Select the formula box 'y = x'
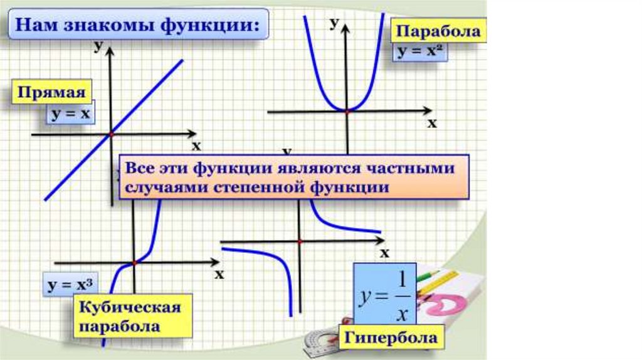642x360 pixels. point(69,115)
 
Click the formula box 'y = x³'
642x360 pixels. point(70,286)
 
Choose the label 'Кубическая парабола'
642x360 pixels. point(129,317)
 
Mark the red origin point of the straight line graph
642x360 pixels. point(111,134)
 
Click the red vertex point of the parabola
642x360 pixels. point(347,111)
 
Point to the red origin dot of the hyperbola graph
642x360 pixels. point(300,241)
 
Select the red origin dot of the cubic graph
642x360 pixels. point(134,263)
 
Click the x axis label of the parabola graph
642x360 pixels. point(431,124)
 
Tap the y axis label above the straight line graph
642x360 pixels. point(98,45)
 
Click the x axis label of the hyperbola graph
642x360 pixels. point(385,253)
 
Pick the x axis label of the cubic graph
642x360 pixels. point(219,274)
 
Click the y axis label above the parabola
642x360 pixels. point(335,22)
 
